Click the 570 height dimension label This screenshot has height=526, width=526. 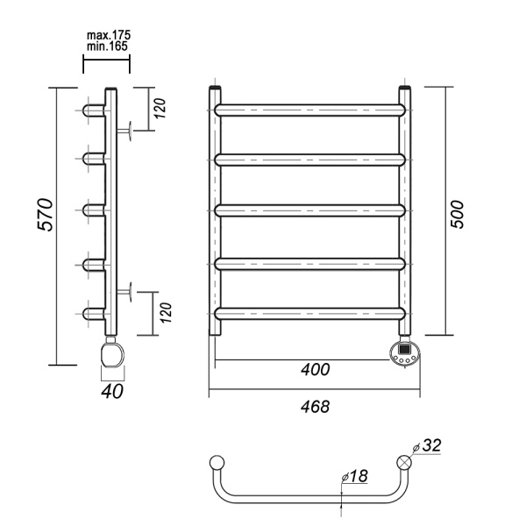click(45, 215)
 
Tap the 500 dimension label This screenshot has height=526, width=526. click(457, 215)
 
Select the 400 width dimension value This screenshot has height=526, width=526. click(316, 370)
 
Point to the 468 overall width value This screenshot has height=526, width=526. click(316, 407)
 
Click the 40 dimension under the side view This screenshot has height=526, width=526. click(112, 392)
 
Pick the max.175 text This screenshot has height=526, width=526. click(109, 35)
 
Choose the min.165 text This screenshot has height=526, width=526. click(107, 46)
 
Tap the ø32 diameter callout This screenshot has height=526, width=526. click(427, 446)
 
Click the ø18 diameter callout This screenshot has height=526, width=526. click(354, 476)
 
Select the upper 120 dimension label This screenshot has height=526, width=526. click(160, 108)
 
